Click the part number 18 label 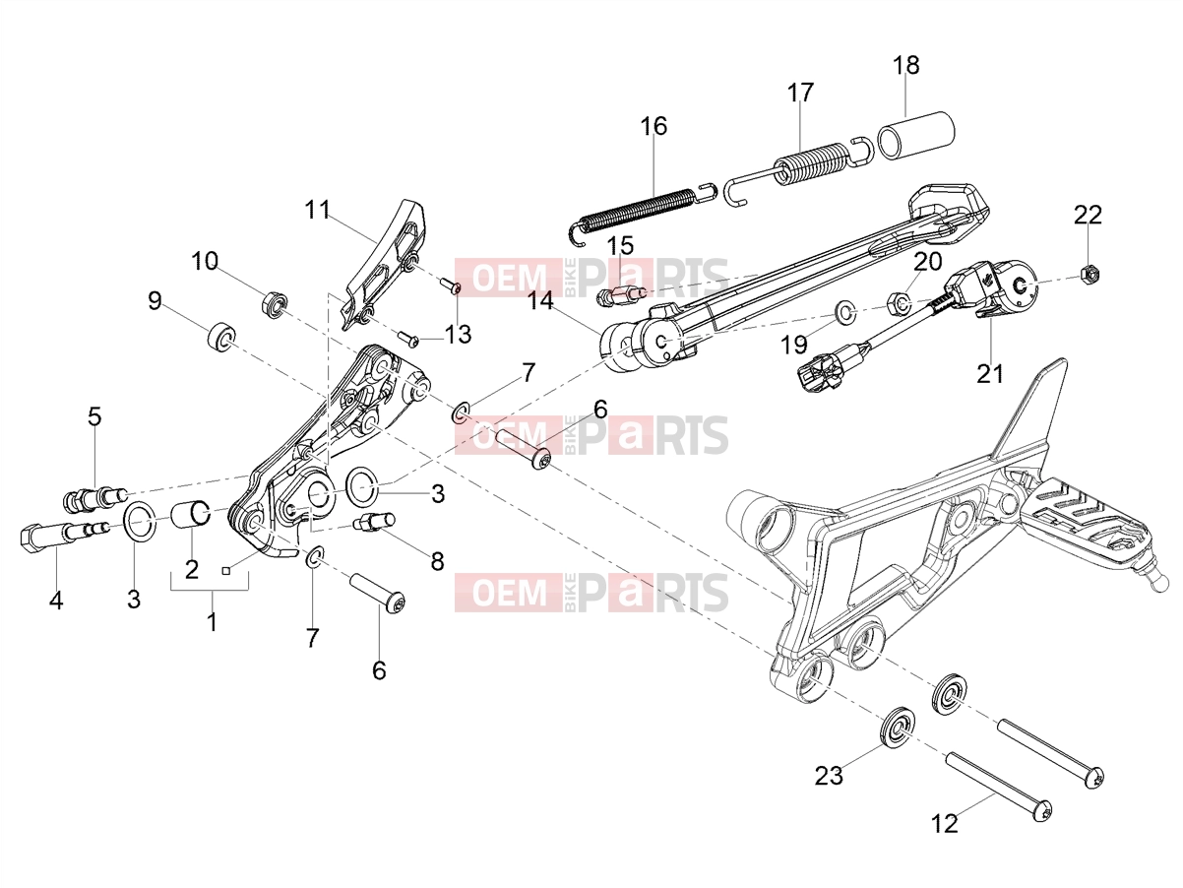tap(906, 65)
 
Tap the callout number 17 tap(800, 93)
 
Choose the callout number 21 tap(991, 373)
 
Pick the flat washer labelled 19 tap(844, 312)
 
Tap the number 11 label tap(318, 209)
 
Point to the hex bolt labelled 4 tap(66, 535)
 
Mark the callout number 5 tap(94, 416)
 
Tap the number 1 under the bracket tap(212, 622)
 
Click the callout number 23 tap(829, 776)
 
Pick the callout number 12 tap(945, 823)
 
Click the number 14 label tap(540, 301)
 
